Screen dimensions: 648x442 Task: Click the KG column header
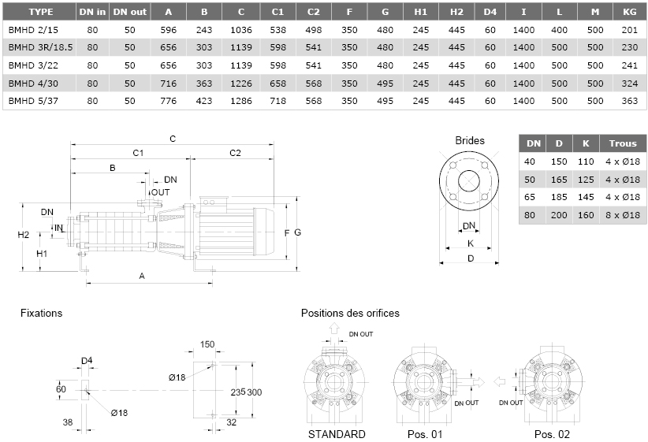click(x=629, y=12)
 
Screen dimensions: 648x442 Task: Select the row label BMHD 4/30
click(x=33, y=84)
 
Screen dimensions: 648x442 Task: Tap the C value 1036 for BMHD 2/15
click(x=241, y=30)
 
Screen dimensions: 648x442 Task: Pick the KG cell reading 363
click(x=629, y=101)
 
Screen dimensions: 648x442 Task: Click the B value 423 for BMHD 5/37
click(x=204, y=101)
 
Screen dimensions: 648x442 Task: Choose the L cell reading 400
click(x=559, y=30)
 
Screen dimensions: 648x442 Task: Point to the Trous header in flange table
click(x=623, y=143)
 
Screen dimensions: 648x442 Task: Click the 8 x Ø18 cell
click(x=623, y=215)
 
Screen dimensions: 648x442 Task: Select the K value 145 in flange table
click(x=586, y=197)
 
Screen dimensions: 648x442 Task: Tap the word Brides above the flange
click(x=470, y=140)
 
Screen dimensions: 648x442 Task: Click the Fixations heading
click(x=41, y=313)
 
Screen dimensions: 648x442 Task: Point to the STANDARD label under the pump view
click(x=337, y=434)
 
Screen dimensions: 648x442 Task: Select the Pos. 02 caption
click(x=552, y=434)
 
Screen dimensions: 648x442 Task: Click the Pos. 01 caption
click(x=425, y=434)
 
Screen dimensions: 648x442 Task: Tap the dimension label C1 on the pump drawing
click(x=138, y=154)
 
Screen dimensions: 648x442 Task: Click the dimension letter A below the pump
click(x=142, y=276)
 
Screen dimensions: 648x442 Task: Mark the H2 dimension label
click(x=23, y=235)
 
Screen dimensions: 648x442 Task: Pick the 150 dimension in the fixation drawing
click(x=207, y=344)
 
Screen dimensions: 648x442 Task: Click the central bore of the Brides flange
click(x=469, y=181)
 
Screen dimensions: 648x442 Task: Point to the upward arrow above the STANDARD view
click(x=334, y=329)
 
